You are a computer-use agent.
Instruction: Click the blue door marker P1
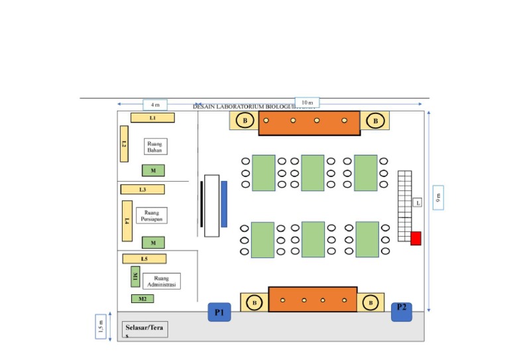(x=219, y=312)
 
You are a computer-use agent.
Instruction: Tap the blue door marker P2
(x=402, y=310)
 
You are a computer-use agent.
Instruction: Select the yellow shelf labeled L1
(x=152, y=117)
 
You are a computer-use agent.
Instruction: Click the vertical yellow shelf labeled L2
(x=124, y=144)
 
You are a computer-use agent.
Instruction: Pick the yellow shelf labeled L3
(x=142, y=190)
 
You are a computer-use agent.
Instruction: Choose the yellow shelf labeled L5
(x=144, y=259)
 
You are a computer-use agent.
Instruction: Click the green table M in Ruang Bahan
(x=153, y=170)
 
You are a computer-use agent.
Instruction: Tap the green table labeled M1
(x=135, y=276)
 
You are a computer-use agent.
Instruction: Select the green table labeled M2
(x=142, y=299)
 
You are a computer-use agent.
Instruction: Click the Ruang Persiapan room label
(x=152, y=215)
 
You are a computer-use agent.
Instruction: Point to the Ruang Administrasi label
(x=161, y=281)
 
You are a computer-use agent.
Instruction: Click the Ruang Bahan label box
(x=155, y=147)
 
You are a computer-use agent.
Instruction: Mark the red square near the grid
(x=416, y=239)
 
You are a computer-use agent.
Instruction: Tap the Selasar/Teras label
(x=144, y=330)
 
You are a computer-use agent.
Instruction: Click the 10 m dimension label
(x=307, y=102)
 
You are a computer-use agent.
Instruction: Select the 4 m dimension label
(x=155, y=105)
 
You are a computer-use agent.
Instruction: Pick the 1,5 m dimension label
(x=101, y=326)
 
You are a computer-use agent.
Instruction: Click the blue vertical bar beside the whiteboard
(x=224, y=204)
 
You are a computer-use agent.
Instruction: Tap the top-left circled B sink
(x=245, y=121)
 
